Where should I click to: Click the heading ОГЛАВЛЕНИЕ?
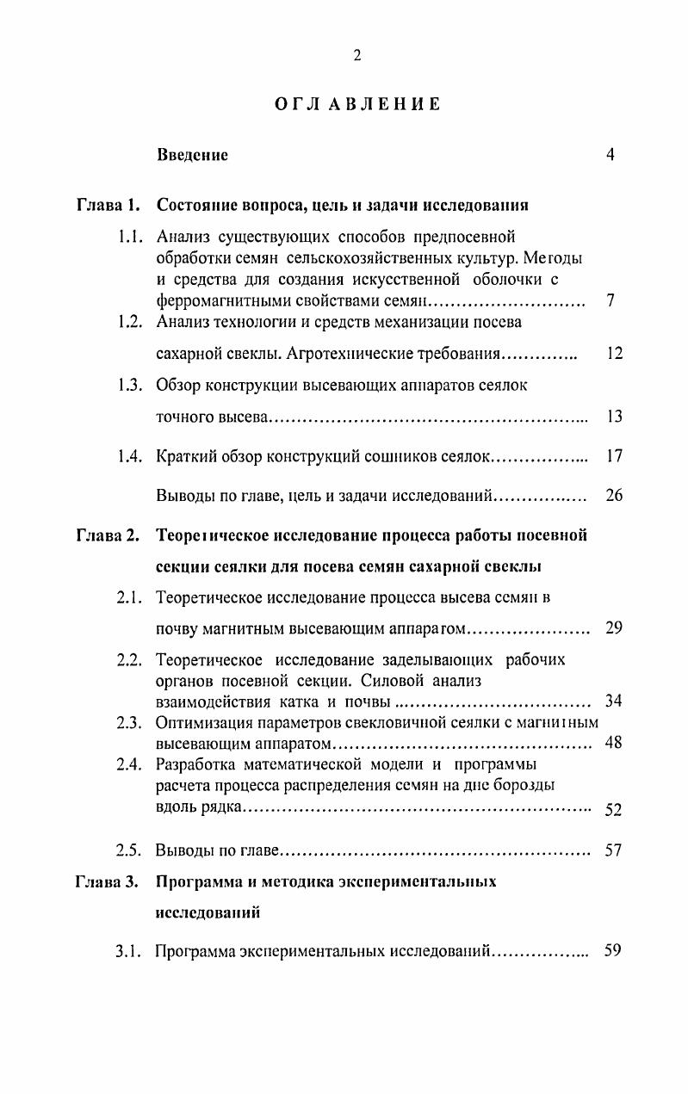click(357, 104)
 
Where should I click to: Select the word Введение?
click(192, 156)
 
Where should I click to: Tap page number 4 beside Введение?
click(610, 155)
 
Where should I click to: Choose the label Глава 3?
click(107, 882)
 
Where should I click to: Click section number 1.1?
click(131, 237)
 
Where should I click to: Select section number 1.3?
click(131, 386)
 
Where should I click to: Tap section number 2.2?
click(130, 660)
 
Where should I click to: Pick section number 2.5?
click(130, 850)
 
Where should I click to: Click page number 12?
click(614, 354)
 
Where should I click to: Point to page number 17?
click(614, 456)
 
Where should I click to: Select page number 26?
click(614, 496)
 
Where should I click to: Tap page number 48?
click(614, 742)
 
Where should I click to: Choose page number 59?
click(613, 951)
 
